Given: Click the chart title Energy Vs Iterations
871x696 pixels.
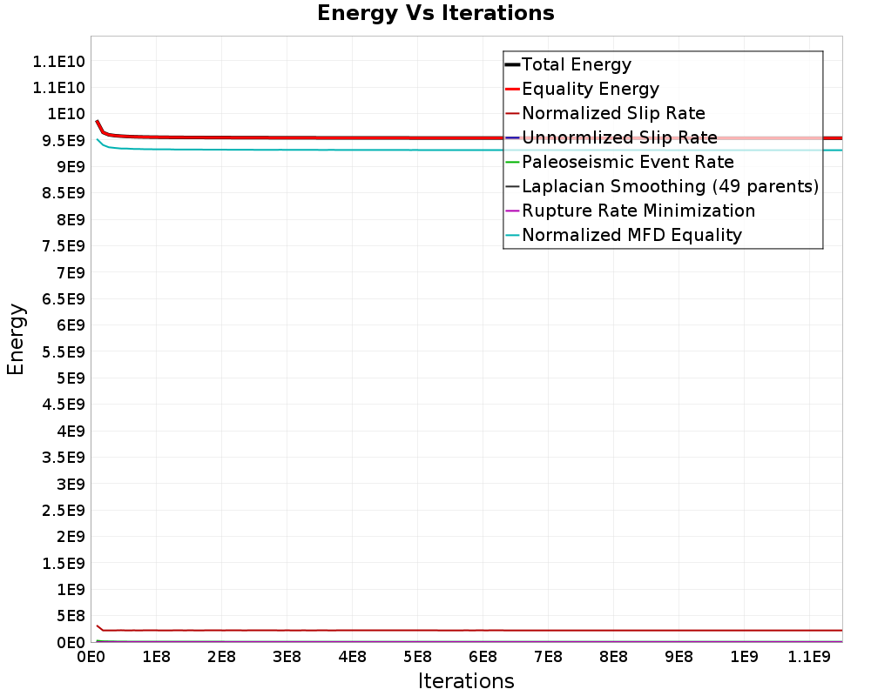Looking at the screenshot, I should click(x=435, y=13).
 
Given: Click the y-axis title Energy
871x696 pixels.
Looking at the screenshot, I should click(x=16, y=338).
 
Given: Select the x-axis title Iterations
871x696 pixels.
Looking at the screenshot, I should click(x=466, y=680).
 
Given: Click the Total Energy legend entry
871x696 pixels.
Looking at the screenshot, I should click(x=576, y=64).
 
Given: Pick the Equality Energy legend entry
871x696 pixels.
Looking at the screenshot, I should click(x=590, y=89).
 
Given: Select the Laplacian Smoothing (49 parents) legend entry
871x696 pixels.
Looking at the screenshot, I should click(x=670, y=186).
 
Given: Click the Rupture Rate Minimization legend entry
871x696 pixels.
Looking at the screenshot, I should click(x=638, y=211).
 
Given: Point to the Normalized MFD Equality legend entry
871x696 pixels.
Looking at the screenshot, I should click(x=631, y=235).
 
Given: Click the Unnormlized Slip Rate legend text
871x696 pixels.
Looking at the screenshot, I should click(x=619, y=137).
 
